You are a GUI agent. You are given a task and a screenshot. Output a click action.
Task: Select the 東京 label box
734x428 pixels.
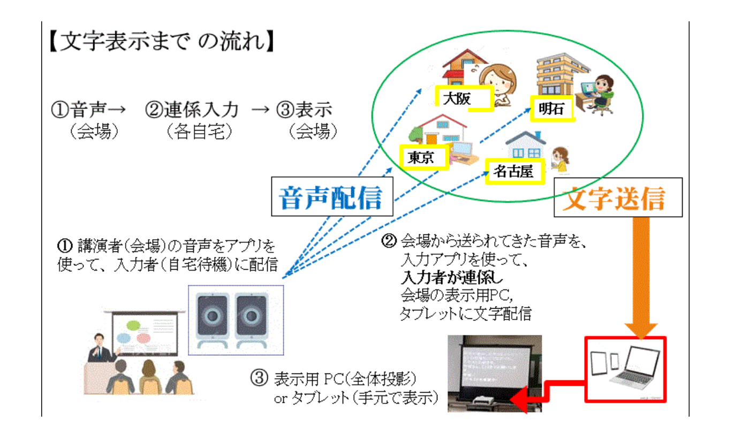(423, 157)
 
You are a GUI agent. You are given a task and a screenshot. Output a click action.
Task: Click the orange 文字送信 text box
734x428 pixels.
(617, 197)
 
